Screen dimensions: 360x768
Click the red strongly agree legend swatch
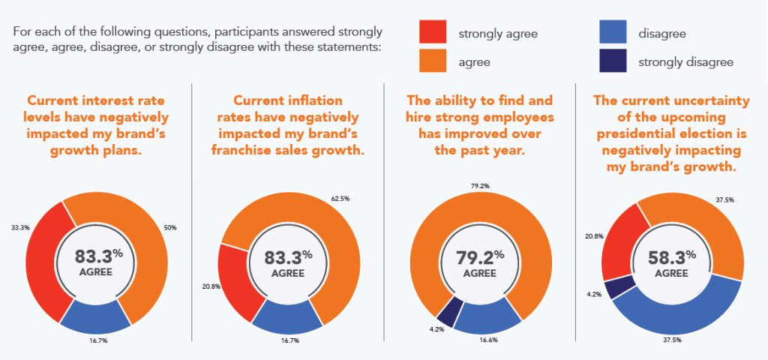coord(433,33)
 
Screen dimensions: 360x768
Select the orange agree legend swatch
coord(433,61)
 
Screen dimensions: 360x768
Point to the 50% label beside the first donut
coord(171,226)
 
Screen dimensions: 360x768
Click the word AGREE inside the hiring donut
coord(479,273)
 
